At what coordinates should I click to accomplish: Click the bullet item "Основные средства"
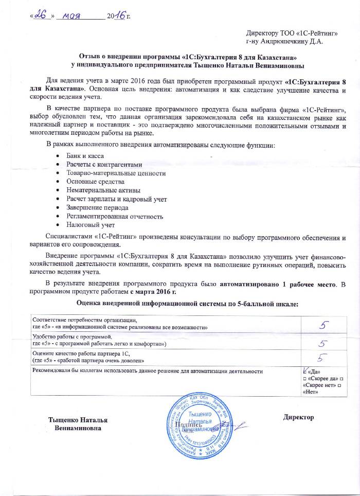(x=95, y=181)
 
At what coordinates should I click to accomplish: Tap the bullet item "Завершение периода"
(x=96, y=207)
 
